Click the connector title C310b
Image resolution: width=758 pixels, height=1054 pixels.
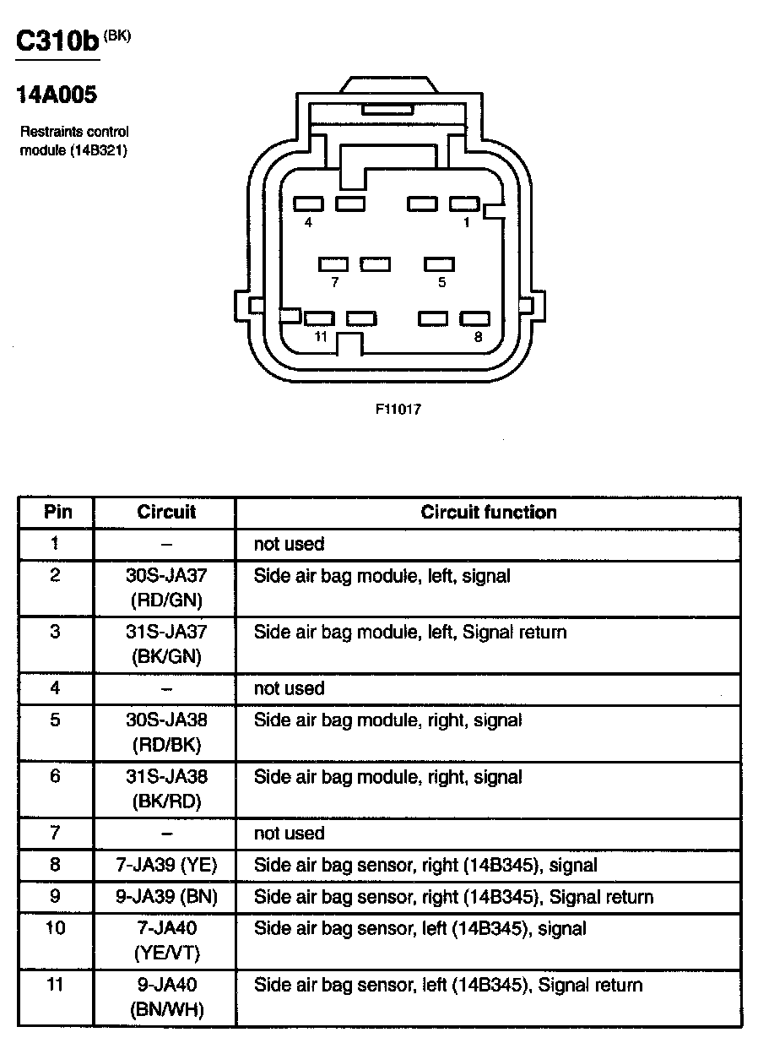[x=57, y=42]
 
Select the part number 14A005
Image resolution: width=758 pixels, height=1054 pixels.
[x=57, y=95]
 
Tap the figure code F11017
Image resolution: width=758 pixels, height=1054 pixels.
[x=398, y=410]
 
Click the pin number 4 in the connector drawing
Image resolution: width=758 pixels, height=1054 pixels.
[x=308, y=222]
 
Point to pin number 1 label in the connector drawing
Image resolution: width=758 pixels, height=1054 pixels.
[x=466, y=222]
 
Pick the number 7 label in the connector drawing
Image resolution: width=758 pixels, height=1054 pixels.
[x=335, y=282]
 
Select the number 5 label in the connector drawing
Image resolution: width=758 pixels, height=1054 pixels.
[x=441, y=282]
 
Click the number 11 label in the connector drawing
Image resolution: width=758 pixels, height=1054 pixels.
[x=319, y=336]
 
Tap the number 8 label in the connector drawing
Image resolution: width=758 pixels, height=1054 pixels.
[x=478, y=336]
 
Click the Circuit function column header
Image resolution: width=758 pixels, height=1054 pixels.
[x=489, y=512]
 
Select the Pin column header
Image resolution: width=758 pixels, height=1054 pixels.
[x=57, y=512]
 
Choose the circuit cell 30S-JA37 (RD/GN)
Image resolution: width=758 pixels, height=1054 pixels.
[x=166, y=588]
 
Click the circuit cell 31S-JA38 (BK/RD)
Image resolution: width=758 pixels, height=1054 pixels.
[x=166, y=789]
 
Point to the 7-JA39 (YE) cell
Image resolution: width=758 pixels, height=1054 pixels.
[x=166, y=865]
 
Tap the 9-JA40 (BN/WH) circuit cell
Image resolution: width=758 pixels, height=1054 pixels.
[x=166, y=997]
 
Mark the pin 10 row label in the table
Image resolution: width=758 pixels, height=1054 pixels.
[x=56, y=928]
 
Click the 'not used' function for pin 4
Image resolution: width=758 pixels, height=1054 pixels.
[x=289, y=688]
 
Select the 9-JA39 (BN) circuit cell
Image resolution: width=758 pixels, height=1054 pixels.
[x=166, y=896]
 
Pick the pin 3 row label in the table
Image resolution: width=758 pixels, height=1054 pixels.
[x=56, y=632]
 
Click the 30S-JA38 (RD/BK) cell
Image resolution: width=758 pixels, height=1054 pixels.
[x=166, y=732]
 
